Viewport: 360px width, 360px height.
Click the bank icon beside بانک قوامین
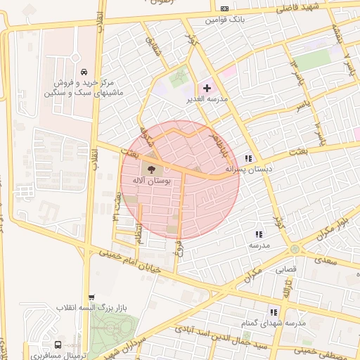pos(224,8)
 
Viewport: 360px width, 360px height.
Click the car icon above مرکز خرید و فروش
pos(84,72)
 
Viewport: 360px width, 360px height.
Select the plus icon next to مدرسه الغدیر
pos(207,88)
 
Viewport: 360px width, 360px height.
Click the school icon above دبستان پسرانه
pos(248,158)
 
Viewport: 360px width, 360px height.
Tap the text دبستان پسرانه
pos(249,169)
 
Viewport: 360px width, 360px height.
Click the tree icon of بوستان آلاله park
pos(150,169)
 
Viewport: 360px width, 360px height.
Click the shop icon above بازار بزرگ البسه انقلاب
pos(91,297)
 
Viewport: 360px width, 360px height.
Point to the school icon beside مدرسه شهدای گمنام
pos(274,311)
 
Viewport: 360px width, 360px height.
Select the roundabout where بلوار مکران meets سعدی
pos(295,249)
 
